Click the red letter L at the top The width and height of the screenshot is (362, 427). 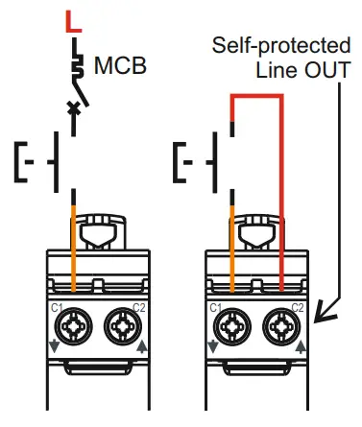pyautogui.click(x=73, y=19)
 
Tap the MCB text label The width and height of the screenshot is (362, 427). pyautogui.click(x=121, y=67)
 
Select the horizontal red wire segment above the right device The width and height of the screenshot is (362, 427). pyautogui.click(x=256, y=96)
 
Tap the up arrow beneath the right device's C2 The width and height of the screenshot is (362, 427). pyautogui.click(x=301, y=346)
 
